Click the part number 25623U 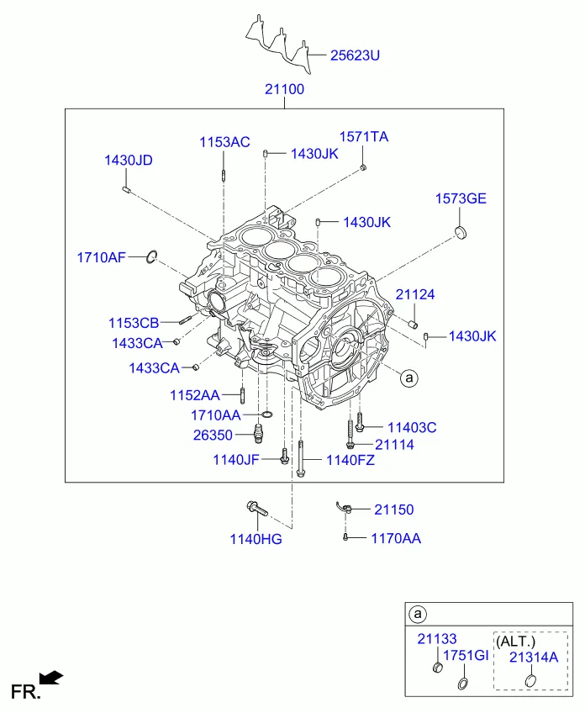tap(355, 55)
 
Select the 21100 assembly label tap(285, 89)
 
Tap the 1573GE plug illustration tap(461, 232)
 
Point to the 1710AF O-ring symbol tap(152, 257)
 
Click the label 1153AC tap(224, 142)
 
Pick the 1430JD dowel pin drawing tap(127, 190)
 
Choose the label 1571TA tap(364, 136)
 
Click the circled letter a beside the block tap(409, 378)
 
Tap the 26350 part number tap(213, 436)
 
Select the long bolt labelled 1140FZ tap(300, 458)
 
